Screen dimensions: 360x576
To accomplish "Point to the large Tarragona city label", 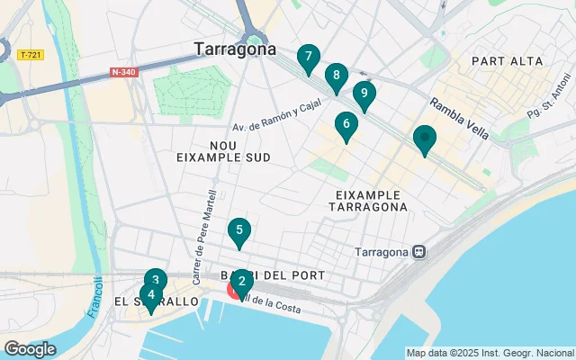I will [235, 49].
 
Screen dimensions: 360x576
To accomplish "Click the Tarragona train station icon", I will [418, 252].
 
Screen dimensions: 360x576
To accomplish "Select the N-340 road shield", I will [124, 72].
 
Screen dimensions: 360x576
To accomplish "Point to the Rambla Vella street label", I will [459, 118].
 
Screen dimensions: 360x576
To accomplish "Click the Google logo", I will [30, 349].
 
